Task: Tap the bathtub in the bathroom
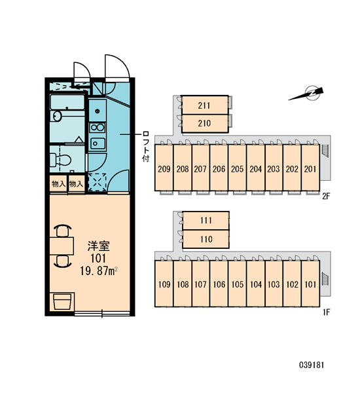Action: tap(67, 102)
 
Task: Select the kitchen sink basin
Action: tap(98, 143)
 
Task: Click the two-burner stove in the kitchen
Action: tap(98, 128)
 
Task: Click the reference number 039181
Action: tap(312, 365)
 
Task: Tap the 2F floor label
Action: tap(326, 196)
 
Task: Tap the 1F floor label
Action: tap(327, 312)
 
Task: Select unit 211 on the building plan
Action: tap(205, 105)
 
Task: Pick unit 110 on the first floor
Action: tap(206, 239)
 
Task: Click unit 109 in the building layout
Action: tap(164, 284)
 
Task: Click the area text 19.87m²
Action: tap(99, 271)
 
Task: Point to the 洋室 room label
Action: tap(98, 246)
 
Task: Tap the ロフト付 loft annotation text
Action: tap(145, 146)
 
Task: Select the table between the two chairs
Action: tap(62, 246)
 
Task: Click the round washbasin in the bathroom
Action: tap(58, 117)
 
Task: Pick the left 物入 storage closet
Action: tap(58, 184)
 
